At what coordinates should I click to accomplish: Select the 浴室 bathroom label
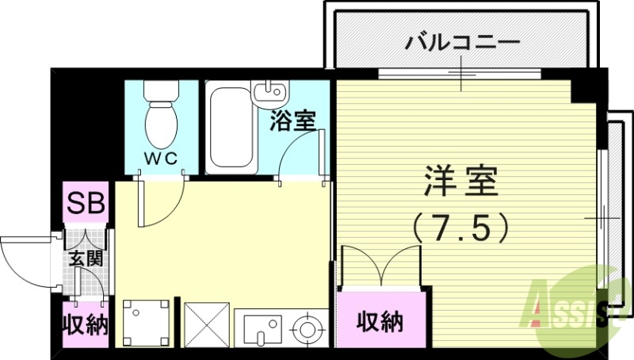pos(293,121)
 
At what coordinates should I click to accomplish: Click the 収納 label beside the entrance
pos(85,325)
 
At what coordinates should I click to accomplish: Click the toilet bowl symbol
pos(162,116)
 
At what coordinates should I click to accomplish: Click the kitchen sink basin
pos(262,327)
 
